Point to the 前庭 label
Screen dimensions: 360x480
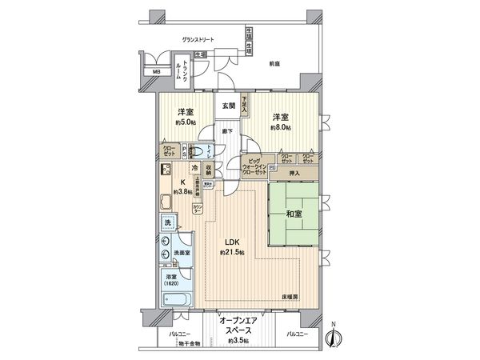coord(274,63)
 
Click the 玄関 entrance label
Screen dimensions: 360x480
coord(230,106)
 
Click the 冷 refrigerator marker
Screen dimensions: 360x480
coord(195,168)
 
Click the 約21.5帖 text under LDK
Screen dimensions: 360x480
coord(233,254)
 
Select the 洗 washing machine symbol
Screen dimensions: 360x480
coord(169,223)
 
